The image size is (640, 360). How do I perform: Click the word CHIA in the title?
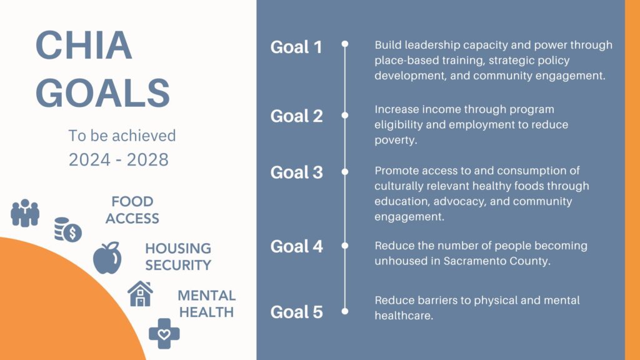[x=84, y=45]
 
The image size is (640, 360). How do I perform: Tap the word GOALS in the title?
[x=103, y=93]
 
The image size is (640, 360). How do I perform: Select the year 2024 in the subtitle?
[x=89, y=159]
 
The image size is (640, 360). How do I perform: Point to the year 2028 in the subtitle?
[x=147, y=159]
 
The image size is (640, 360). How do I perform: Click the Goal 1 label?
[x=296, y=47]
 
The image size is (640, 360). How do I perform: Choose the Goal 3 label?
[x=296, y=172]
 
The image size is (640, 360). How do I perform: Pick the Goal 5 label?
[x=296, y=312]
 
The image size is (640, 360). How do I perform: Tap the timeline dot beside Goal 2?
[x=345, y=116]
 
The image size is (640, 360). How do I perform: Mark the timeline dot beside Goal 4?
[x=345, y=246]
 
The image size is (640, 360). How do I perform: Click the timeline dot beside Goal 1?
[x=345, y=44]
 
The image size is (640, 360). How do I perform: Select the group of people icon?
[x=25, y=212]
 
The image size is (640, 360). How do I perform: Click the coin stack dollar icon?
[x=67, y=230]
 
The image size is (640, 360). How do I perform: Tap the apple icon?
[x=107, y=258]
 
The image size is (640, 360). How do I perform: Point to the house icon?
[x=140, y=294]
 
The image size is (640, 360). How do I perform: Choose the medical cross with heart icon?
[x=164, y=334]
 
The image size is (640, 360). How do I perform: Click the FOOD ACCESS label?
[x=132, y=210]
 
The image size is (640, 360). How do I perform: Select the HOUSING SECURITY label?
[x=178, y=257]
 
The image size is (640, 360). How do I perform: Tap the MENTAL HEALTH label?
[x=206, y=304]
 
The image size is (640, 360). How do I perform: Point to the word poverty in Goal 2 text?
[x=396, y=140]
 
